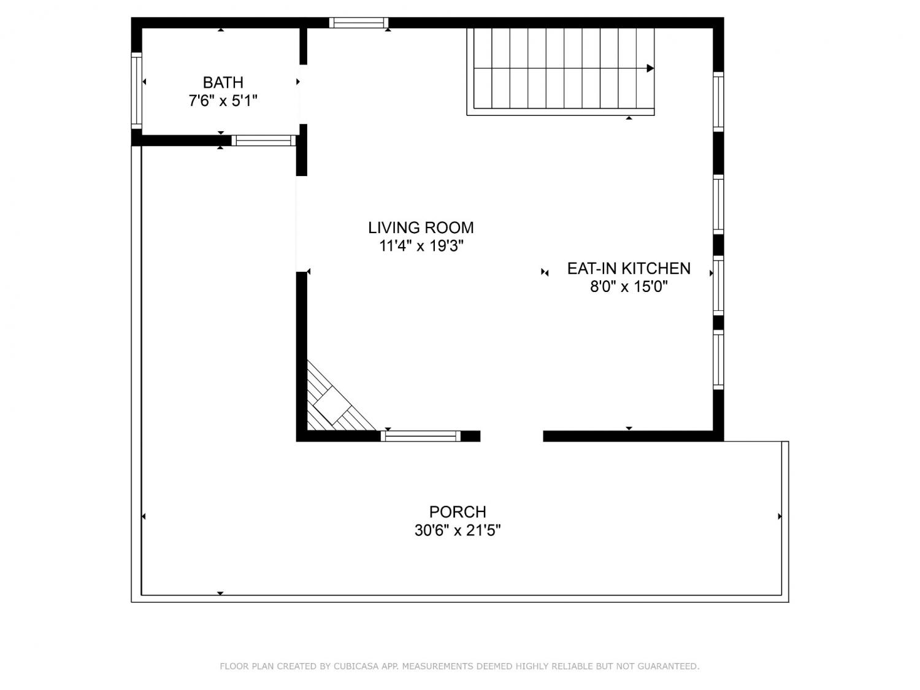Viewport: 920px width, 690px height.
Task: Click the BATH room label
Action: point(223,83)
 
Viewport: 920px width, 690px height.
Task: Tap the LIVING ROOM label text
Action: point(421,228)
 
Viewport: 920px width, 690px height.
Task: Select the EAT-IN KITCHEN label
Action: point(629,269)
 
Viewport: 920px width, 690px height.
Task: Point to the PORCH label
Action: point(458,512)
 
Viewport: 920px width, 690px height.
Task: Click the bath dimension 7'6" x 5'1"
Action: point(223,101)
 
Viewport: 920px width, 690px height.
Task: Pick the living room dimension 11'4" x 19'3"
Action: point(421,246)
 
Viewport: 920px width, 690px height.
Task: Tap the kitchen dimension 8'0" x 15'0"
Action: point(629,287)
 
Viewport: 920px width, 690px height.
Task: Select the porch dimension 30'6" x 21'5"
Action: point(458,531)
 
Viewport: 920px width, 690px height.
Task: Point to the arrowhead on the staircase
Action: point(650,68)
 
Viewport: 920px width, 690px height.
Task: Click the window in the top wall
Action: point(358,23)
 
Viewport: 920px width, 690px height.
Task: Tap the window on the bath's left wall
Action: point(137,90)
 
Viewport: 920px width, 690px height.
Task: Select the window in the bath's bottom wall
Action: point(264,140)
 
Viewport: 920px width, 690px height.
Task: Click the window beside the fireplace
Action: point(420,436)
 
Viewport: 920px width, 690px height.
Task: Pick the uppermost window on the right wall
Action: point(718,102)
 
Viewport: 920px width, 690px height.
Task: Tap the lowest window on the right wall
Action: point(718,360)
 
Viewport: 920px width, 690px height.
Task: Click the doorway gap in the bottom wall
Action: point(512,436)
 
